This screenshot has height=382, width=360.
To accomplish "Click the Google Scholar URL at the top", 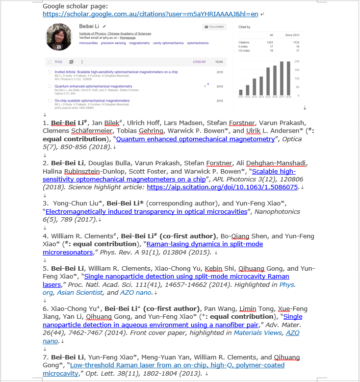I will click(x=151, y=14).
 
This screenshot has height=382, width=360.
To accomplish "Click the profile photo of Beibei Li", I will click(x=59, y=37).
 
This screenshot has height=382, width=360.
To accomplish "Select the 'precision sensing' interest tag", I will click(x=113, y=43).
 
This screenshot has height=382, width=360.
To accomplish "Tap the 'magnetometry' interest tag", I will click(x=139, y=43).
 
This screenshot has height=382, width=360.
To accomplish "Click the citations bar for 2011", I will click(x=240, y=92).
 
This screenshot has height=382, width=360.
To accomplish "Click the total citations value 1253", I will click(x=269, y=43).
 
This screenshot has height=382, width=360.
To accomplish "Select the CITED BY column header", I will click(x=200, y=62).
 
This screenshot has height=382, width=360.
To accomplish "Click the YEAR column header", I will click(x=219, y=62).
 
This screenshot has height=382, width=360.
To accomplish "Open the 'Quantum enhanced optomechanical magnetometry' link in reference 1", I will click(x=195, y=139).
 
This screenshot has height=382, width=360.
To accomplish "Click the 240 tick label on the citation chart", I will click(x=297, y=61).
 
